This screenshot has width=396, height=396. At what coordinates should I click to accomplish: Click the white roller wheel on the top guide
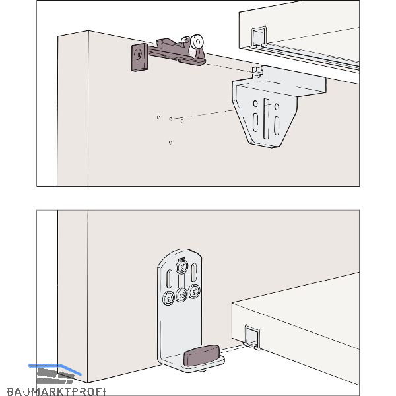(197, 42)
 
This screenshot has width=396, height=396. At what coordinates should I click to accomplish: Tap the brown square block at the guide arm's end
(140, 57)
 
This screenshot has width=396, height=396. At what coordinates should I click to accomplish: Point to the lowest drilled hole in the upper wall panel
(170, 143)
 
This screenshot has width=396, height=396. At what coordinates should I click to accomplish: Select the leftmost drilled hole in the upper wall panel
(158, 117)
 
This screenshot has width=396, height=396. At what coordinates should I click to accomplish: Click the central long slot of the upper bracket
(267, 119)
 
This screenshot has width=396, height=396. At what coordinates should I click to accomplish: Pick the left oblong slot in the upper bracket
(255, 122)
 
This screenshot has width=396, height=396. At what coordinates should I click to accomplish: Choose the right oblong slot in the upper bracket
(277, 125)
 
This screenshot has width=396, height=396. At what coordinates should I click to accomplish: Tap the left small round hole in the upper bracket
(255, 104)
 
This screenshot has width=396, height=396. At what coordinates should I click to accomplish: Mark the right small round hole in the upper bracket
(277, 106)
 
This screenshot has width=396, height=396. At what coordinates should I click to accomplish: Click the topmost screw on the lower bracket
(182, 267)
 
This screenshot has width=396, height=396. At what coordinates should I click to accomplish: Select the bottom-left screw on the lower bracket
(168, 298)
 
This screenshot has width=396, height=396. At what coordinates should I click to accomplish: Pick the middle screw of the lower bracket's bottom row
(181, 295)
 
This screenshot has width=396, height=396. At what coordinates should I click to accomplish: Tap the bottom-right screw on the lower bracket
(194, 292)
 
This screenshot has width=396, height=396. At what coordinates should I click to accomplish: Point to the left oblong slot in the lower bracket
(169, 279)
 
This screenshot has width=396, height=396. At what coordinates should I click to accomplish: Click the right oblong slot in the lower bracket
(193, 273)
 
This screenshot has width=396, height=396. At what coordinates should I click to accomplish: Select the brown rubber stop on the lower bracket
(201, 355)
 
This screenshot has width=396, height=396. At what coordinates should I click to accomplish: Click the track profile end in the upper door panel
(258, 36)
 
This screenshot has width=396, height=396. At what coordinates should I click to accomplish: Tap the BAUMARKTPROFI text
(56, 391)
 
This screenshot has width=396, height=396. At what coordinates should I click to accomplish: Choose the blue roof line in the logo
(55, 368)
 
